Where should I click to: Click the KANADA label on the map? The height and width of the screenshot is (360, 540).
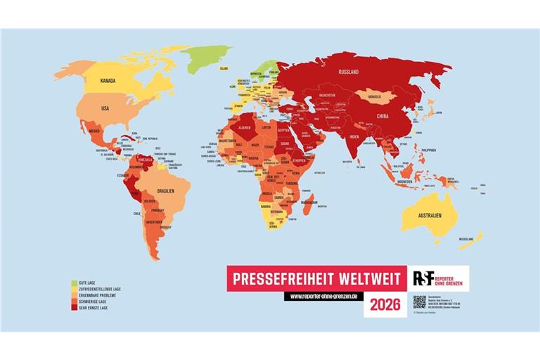[107, 80]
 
